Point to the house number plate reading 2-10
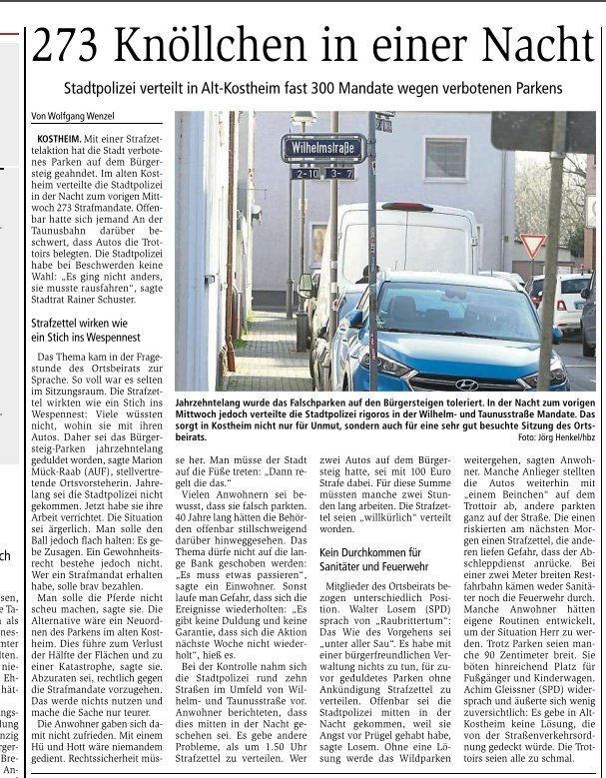pos(304,173)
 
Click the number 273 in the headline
pos(69,46)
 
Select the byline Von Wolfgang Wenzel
pos(74,116)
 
